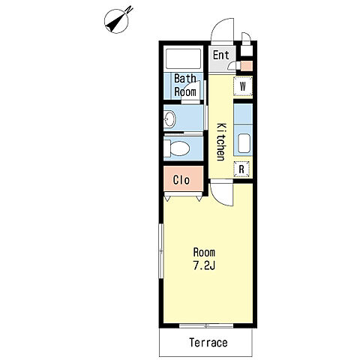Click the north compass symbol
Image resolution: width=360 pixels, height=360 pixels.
point(116,21)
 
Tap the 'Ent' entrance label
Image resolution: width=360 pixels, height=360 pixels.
point(221,55)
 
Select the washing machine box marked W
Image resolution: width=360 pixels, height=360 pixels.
point(243,86)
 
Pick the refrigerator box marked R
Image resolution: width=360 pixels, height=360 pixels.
point(241,169)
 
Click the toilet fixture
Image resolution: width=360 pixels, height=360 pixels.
point(177,148)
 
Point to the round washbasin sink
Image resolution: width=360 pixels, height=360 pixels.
point(170,118)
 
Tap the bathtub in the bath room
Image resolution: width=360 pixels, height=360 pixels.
point(183,59)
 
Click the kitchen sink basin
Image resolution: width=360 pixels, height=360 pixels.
point(244,143)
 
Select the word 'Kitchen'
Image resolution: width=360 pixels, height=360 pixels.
point(221,142)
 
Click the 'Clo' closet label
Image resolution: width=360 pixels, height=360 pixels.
point(181,180)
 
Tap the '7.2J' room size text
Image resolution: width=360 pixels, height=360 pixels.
point(204,266)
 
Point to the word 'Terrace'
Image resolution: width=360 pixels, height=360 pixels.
point(208,343)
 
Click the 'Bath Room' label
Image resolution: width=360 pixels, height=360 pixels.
point(185,85)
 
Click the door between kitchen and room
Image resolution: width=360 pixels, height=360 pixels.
point(222,193)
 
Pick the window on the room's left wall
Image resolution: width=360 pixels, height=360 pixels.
point(161,250)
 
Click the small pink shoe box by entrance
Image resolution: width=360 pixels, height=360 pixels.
point(246,66)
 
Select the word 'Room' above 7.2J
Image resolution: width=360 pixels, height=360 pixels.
point(204,253)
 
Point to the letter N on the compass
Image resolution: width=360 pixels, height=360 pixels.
point(129,10)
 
